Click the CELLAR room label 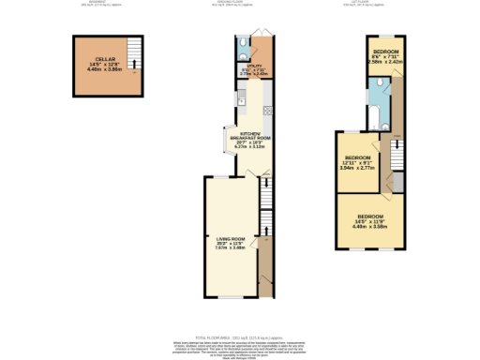92,59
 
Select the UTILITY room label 253,65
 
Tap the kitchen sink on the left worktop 241,96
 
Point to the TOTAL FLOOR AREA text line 239,336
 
